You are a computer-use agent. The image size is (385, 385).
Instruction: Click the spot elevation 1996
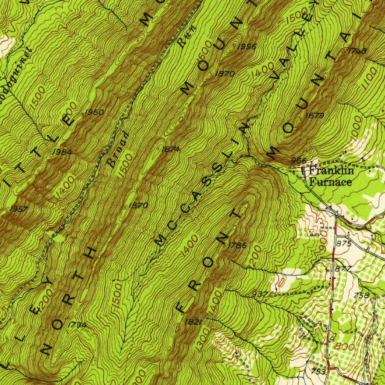[x=247, y=47]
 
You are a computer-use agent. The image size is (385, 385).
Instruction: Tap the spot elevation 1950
[x=94, y=112]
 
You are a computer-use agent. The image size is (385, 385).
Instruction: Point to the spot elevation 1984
[x=62, y=152]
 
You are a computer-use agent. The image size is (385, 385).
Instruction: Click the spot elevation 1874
[x=171, y=149]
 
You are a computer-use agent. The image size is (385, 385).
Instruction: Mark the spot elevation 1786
[x=238, y=246]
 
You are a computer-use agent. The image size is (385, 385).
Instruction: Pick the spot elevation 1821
[x=194, y=322]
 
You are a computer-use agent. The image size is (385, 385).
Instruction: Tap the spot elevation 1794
[x=77, y=325]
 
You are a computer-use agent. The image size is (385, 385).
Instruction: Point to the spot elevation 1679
[x=315, y=115]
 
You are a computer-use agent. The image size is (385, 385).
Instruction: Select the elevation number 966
[x=299, y=161]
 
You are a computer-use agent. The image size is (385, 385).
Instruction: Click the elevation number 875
[x=344, y=243]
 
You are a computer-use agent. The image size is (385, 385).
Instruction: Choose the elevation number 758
[x=362, y=295]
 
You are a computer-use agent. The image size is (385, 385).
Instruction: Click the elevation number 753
[x=318, y=371]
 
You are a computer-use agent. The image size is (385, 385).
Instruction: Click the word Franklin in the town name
[x=331, y=171]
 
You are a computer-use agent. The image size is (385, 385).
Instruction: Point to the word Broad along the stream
[x=118, y=149]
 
